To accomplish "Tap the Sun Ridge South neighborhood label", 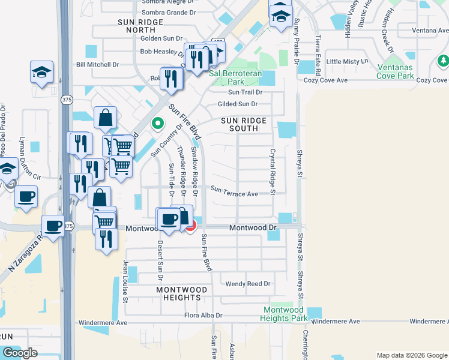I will coord(244,124).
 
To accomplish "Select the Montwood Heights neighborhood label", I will coord(182,293).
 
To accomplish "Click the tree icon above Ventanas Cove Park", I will coord(443,61).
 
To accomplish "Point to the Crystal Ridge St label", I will coord(273,172).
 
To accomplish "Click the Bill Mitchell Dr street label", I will coord(98,64).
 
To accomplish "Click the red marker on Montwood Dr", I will coord(191,226).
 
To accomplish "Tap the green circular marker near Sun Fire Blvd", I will coord(158,124).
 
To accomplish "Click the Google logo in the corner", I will coord(20,353).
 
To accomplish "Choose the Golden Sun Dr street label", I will coord(161,38).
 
